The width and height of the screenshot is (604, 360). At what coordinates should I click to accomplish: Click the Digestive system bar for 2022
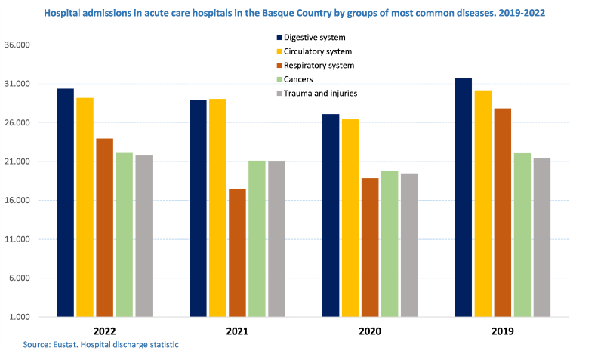65,202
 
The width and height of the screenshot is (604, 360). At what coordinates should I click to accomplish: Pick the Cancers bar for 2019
522,235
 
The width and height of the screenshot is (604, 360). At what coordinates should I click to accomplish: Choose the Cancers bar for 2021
257,238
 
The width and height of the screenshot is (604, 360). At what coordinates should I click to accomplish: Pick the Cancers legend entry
298,79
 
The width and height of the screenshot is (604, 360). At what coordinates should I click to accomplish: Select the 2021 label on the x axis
237,331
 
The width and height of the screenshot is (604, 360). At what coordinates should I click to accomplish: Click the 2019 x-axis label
502,331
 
